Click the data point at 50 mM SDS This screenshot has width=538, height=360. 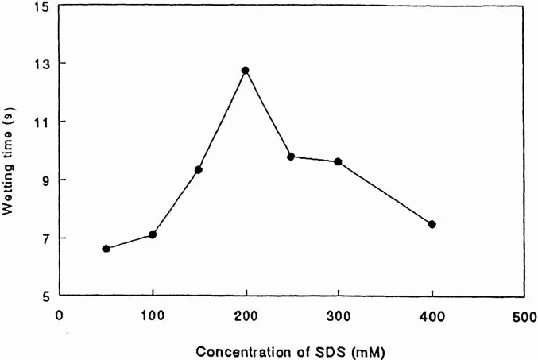[x=106, y=249]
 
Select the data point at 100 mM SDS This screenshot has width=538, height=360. [x=153, y=234]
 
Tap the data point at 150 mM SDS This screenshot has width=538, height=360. [x=199, y=170]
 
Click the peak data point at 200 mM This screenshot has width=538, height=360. [x=246, y=71]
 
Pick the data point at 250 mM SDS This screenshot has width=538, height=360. [x=291, y=157]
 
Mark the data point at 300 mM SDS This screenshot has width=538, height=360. [x=338, y=161]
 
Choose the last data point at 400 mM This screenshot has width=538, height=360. [x=432, y=224]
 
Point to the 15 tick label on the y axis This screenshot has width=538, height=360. [x=42, y=7]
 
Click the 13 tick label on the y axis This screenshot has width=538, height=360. [x=42, y=64]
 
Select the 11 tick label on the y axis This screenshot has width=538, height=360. [x=43, y=122]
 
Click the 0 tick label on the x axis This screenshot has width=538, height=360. [x=59, y=315]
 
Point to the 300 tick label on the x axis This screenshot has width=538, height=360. [x=339, y=315]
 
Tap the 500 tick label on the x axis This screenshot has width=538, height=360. [x=524, y=315]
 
